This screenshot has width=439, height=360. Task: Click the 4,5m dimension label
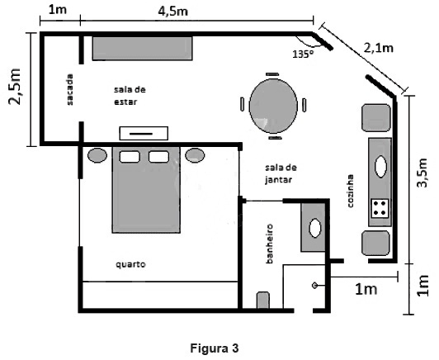[x=172, y=12]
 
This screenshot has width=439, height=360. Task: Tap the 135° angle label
[x=303, y=54]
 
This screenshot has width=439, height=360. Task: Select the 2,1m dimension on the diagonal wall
[x=379, y=48]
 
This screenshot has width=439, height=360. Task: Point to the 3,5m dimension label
[x=422, y=173]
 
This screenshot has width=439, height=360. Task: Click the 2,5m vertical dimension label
[x=15, y=87]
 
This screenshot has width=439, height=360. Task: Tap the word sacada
[x=69, y=90]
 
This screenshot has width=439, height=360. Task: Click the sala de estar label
[x=130, y=96]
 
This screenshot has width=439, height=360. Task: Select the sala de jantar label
[x=281, y=173]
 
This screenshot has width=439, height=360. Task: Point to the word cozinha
[x=350, y=191]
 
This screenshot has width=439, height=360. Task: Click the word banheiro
[x=269, y=244]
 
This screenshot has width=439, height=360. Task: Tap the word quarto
[x=130, y=264]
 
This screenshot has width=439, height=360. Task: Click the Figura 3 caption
[x=215, y=348]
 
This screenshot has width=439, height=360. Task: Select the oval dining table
[x=273, y=106]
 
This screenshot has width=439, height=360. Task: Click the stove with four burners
[x=380, y=208]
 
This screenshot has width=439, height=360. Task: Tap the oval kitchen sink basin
[x=380, y=167]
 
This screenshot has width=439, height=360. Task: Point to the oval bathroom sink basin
[x=315, y=228]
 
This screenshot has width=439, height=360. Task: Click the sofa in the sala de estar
[x=143, y=48]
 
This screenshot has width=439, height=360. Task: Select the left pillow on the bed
[x=130, y=157]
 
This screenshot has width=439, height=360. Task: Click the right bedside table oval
[x=195, y=155]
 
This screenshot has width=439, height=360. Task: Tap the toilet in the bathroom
[x=263, y=300]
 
